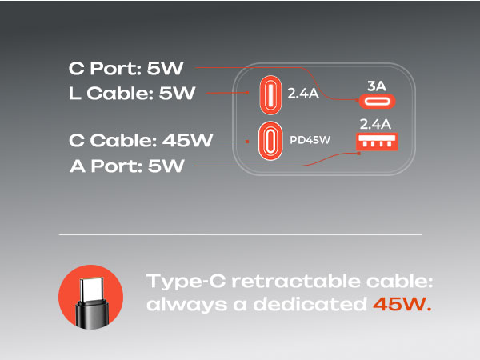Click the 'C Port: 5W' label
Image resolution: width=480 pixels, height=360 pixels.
click(126, 68)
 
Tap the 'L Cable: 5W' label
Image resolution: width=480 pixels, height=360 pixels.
click(132, 93)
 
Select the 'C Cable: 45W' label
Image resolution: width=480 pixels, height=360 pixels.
click(141, 141)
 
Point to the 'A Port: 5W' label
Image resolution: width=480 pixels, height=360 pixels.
click(127, 166)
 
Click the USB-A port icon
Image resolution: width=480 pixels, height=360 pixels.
click(377, 142)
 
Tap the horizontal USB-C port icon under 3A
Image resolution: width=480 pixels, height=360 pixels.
click(377, 102)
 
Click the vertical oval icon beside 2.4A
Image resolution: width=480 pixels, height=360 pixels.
click(270, 95)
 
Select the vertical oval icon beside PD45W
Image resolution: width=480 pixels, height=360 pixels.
click(270, 141)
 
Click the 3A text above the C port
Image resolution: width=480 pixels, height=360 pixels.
click(377, 86)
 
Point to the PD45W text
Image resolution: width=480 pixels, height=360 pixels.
click(310, 140)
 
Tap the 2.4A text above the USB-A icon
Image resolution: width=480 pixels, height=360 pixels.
click(375, 124)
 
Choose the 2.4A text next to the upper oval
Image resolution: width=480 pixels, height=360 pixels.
click(303, 94)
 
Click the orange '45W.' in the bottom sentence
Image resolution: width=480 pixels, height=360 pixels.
click(402, 304)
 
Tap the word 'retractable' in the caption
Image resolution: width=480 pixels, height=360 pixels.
click(296, 281)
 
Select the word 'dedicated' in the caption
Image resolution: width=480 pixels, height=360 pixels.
click(310, 304)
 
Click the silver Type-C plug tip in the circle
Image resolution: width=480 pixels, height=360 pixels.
click(92, 289)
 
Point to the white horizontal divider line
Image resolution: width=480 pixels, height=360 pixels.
click(241, 234)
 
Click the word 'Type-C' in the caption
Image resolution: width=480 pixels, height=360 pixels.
click(186, 282)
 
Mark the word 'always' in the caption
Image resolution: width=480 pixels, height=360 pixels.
click(186, 305)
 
